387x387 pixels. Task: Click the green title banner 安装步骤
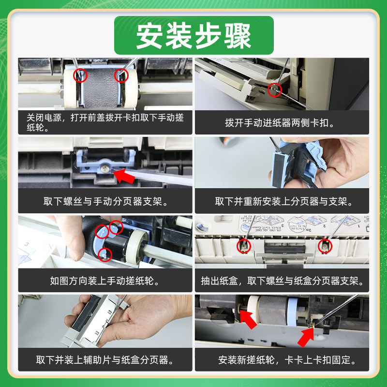click(194, 35)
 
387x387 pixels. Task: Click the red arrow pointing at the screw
click(125, 176)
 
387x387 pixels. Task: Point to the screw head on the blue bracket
click(104, 168)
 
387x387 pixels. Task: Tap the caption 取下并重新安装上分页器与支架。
click(284, 201)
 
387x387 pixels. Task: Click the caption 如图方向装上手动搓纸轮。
click(105, 281)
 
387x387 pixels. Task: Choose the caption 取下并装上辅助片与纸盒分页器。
click(105, 360)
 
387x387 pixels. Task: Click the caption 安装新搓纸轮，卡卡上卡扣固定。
click(288, 360)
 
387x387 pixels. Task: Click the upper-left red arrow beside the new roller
click(248, 319)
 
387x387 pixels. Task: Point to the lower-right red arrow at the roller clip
click(306, 337)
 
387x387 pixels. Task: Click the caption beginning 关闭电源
click(105, 122)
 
